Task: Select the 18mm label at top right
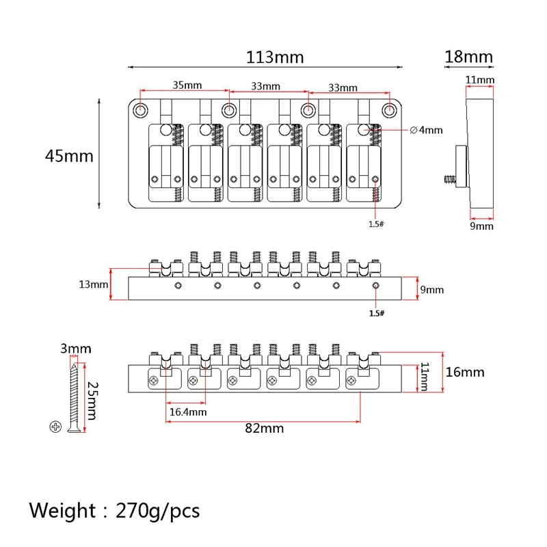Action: (x=468, y=57)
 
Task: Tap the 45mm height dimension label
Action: (x=68, y=156)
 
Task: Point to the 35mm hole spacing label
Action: (x=187, y=85)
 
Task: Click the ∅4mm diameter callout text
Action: (x=427, y=129)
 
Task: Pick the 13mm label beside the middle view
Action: (x=94, y=284)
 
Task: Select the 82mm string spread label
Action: (x=264, y=428)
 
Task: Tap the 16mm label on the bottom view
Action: (x=464, y=372)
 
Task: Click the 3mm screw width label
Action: (x=75, y=349)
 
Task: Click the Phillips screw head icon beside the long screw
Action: (x=55, y=427)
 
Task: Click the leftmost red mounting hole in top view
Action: (x=141, y=109)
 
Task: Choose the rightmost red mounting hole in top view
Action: (x=390, y=109)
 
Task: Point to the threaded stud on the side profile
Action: (x=449, y=179)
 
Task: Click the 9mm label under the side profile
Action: (x=481, y=226)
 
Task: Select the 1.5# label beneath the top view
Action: (x=377, y=223)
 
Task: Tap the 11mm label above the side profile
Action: (x=479, y=80)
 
